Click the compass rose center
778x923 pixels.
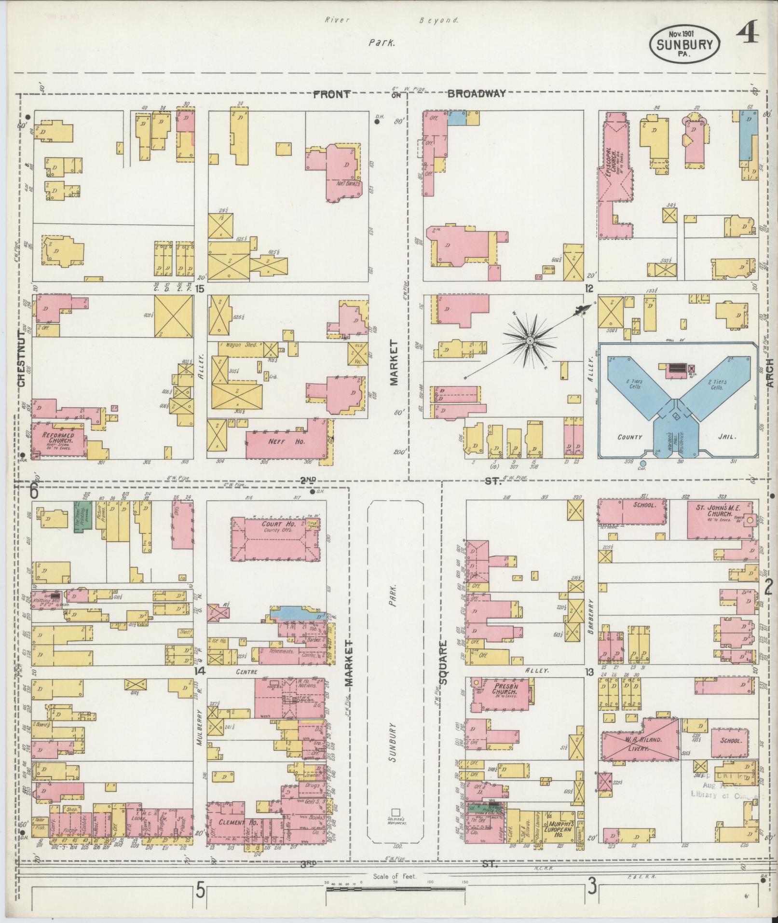(x=530, y=341)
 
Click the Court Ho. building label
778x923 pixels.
(x=275, y=524)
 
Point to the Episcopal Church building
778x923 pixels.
(x=615, y=174)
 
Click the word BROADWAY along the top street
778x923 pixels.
(x=477, y=94)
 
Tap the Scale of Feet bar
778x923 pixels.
(x=396, y=888)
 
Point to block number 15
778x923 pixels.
(x=200, y=289)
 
